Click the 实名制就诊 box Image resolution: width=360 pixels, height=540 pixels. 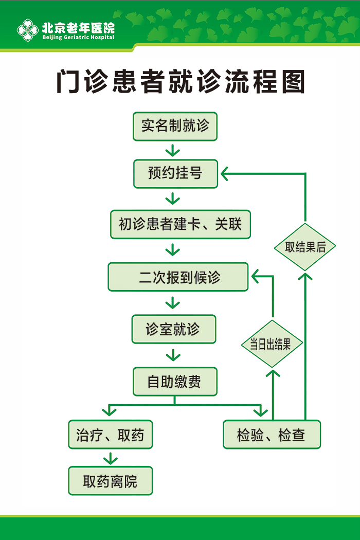point(175,126)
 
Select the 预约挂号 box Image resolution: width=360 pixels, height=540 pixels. point(175,174)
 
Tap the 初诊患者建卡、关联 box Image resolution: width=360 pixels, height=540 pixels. point(180,224)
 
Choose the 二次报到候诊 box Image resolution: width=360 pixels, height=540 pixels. point(178,277)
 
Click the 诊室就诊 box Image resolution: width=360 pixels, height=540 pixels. point(173,329)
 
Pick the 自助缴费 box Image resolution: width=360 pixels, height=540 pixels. point(174,382)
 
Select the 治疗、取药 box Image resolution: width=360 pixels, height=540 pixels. point(110,435)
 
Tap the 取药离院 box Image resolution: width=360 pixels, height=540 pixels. point(110,481)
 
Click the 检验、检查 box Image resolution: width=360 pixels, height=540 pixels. point(272,435)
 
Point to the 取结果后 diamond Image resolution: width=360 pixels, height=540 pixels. point(305,247)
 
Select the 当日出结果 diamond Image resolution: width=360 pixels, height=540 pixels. point(272,344)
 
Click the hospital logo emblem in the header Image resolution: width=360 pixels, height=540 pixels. point(28,30)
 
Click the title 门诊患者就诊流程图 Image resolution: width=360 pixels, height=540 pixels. point(180,82)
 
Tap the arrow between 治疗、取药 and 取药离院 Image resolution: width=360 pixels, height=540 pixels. point(110,458)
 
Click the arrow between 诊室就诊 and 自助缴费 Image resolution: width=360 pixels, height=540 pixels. point(173,355)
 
